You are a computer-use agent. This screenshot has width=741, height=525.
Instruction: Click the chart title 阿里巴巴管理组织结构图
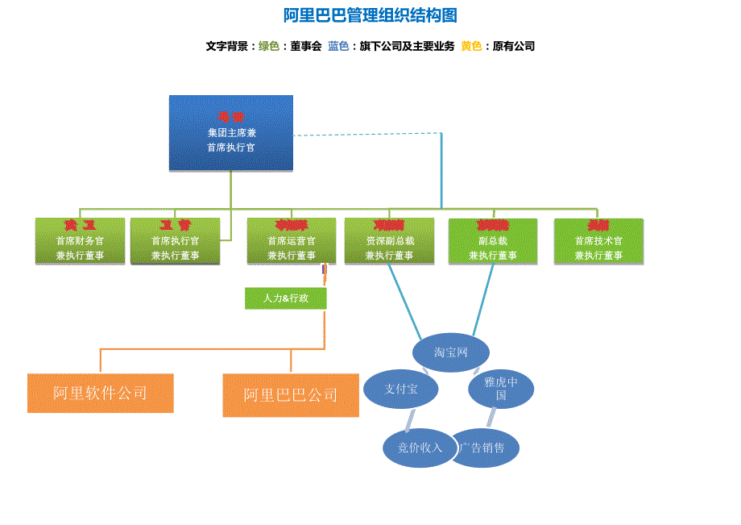click(370, 16)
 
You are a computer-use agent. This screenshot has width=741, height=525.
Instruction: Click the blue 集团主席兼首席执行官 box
click(231, 133)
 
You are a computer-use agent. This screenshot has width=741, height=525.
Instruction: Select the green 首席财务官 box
click(80, 241)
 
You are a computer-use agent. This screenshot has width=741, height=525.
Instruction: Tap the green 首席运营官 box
click(292, 241)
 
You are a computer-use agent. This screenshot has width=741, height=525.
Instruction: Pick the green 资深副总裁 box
click(389, 241)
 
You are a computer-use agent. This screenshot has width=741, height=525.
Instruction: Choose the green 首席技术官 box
click(598, 241)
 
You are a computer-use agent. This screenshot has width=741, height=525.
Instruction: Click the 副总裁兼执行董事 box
click(493, 241)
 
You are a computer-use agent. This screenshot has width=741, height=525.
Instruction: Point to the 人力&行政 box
click(286, 298)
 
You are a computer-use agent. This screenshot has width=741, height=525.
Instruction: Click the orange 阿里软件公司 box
click(101, 394)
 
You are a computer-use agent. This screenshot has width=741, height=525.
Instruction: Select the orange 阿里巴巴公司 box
click(291, 395)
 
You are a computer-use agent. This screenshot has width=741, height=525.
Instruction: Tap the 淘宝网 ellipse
click(451, 352)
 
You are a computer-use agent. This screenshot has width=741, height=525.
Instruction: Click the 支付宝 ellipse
click(401, 390)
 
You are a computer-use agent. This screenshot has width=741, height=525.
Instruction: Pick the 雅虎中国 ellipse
click(501, 389)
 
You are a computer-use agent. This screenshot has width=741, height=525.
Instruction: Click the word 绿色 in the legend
click(269, 47)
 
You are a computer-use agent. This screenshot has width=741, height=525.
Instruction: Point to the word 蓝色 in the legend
click(338, 47)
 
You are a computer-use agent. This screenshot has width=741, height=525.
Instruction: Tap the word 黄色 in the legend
click(471, 47)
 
